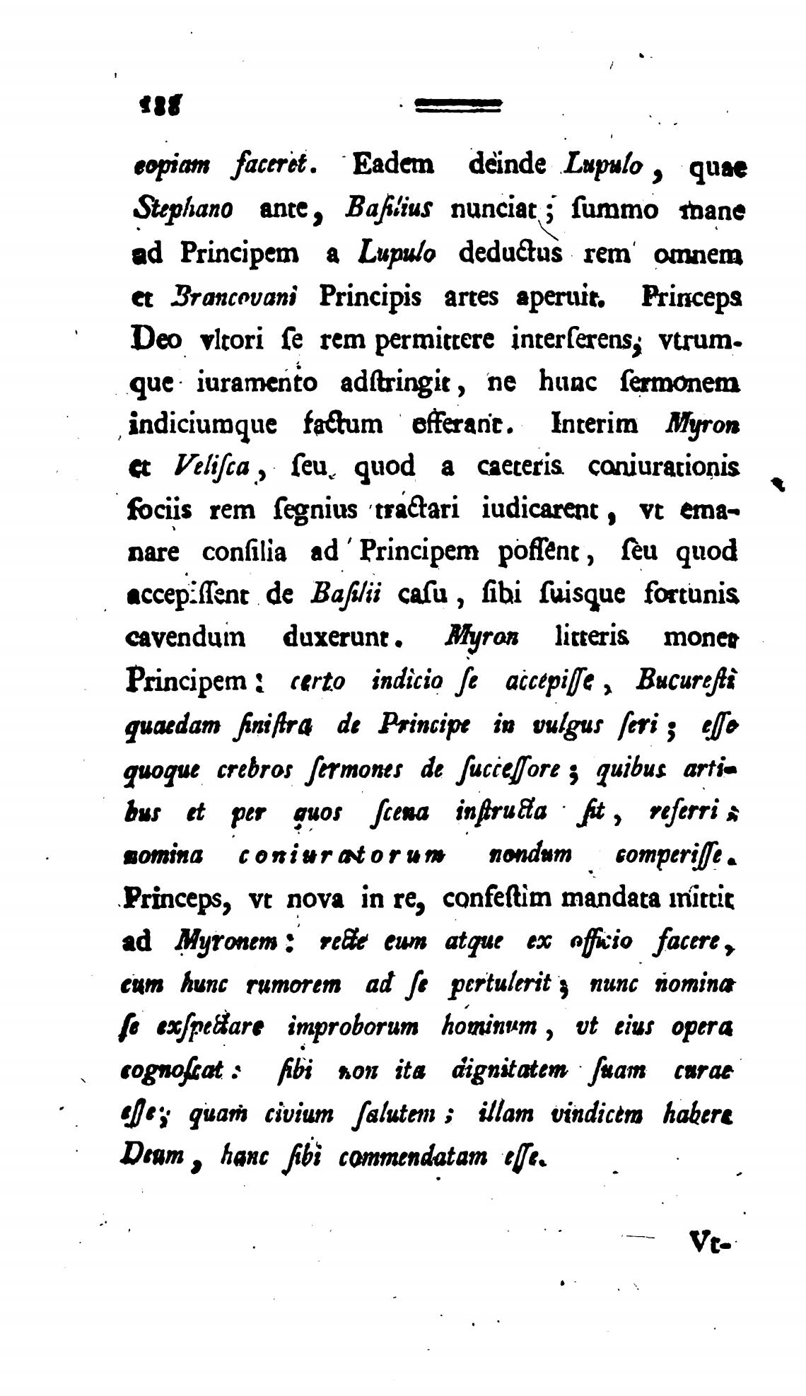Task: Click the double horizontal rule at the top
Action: [458, 105]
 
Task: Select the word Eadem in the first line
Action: [393, 165]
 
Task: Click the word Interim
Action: [594, 424]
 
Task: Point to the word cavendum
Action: [185, 637]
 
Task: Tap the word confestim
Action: [494, 898]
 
